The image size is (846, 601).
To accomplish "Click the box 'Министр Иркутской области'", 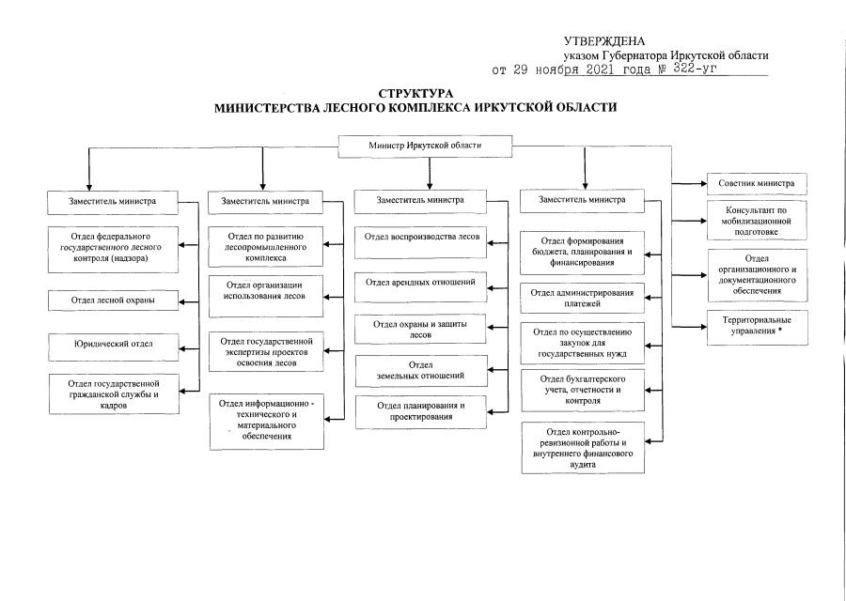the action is (425, 146).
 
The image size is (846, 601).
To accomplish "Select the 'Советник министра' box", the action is (757, 183).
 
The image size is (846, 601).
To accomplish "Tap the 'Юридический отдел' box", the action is (114, 347).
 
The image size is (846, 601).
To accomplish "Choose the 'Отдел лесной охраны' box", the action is (113, 300).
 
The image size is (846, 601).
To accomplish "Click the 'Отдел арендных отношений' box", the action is (420, 286).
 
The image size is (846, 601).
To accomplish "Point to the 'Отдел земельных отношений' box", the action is (421, 370).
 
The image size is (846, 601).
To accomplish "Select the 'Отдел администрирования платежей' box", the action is (582, 298).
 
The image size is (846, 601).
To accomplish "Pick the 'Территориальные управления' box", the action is (757, 327).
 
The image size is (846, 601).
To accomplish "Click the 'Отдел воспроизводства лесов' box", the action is (420, 242).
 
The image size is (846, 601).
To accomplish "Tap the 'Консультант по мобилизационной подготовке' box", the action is (757, 221).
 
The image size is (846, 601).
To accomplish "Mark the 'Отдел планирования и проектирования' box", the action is (421, 412).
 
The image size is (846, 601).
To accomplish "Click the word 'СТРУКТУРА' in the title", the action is (415, 93).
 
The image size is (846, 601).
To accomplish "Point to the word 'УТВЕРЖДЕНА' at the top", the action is (604, 41).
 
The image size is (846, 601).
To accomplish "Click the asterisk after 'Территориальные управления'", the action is (779, 331).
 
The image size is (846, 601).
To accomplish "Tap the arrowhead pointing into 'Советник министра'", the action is (703, 184).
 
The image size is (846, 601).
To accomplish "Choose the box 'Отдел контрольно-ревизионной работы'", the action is (583, 447).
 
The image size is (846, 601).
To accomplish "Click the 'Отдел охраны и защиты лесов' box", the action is (420, 329).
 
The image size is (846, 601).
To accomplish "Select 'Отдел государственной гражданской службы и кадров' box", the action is (114, 394).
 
